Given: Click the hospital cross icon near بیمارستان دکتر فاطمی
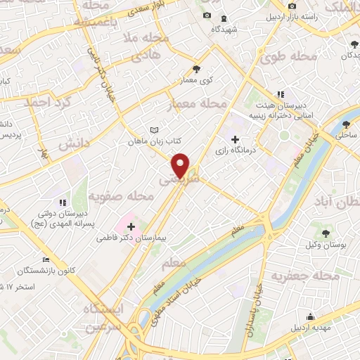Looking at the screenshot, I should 131,226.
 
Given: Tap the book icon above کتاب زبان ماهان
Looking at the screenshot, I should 155,130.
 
